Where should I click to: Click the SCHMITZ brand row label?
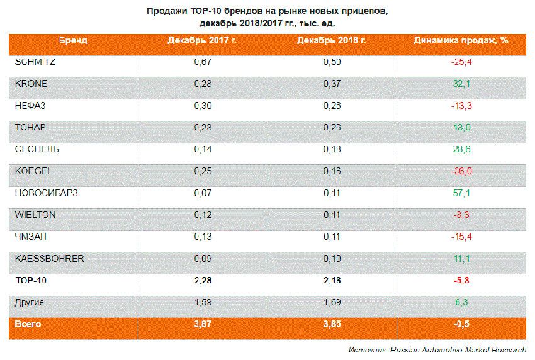pos(35,62)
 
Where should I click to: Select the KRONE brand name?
pos(31,84)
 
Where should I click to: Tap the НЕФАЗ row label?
pos(30,106)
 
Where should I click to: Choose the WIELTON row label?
pos(35,215)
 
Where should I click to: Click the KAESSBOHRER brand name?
pos(49,259)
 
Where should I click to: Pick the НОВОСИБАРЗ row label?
pos(46,193)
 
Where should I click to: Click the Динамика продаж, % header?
pos(461,40)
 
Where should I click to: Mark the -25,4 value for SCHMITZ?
pos(461,62)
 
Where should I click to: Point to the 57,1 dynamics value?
pos(462,193)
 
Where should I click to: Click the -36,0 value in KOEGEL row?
pos(461,171)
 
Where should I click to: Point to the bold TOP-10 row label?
pos(31,281)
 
